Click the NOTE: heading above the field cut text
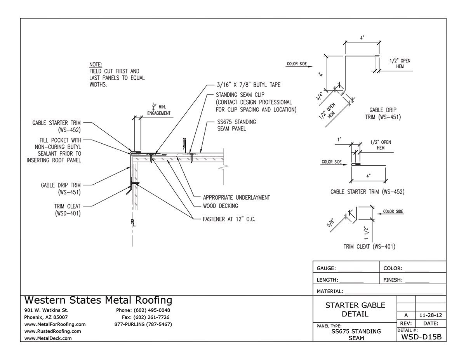pos(96,64)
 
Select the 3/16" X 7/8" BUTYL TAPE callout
pos(248,84)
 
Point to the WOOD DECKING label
pos(220,206)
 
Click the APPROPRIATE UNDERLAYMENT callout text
pos(236,198)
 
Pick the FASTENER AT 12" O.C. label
pos(229,219)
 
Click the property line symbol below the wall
pos(133,223)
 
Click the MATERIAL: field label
pos(330,291)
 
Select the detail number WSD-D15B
pos(421,337)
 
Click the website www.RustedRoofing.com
pos(52,331)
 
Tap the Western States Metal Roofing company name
pos(98,300)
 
